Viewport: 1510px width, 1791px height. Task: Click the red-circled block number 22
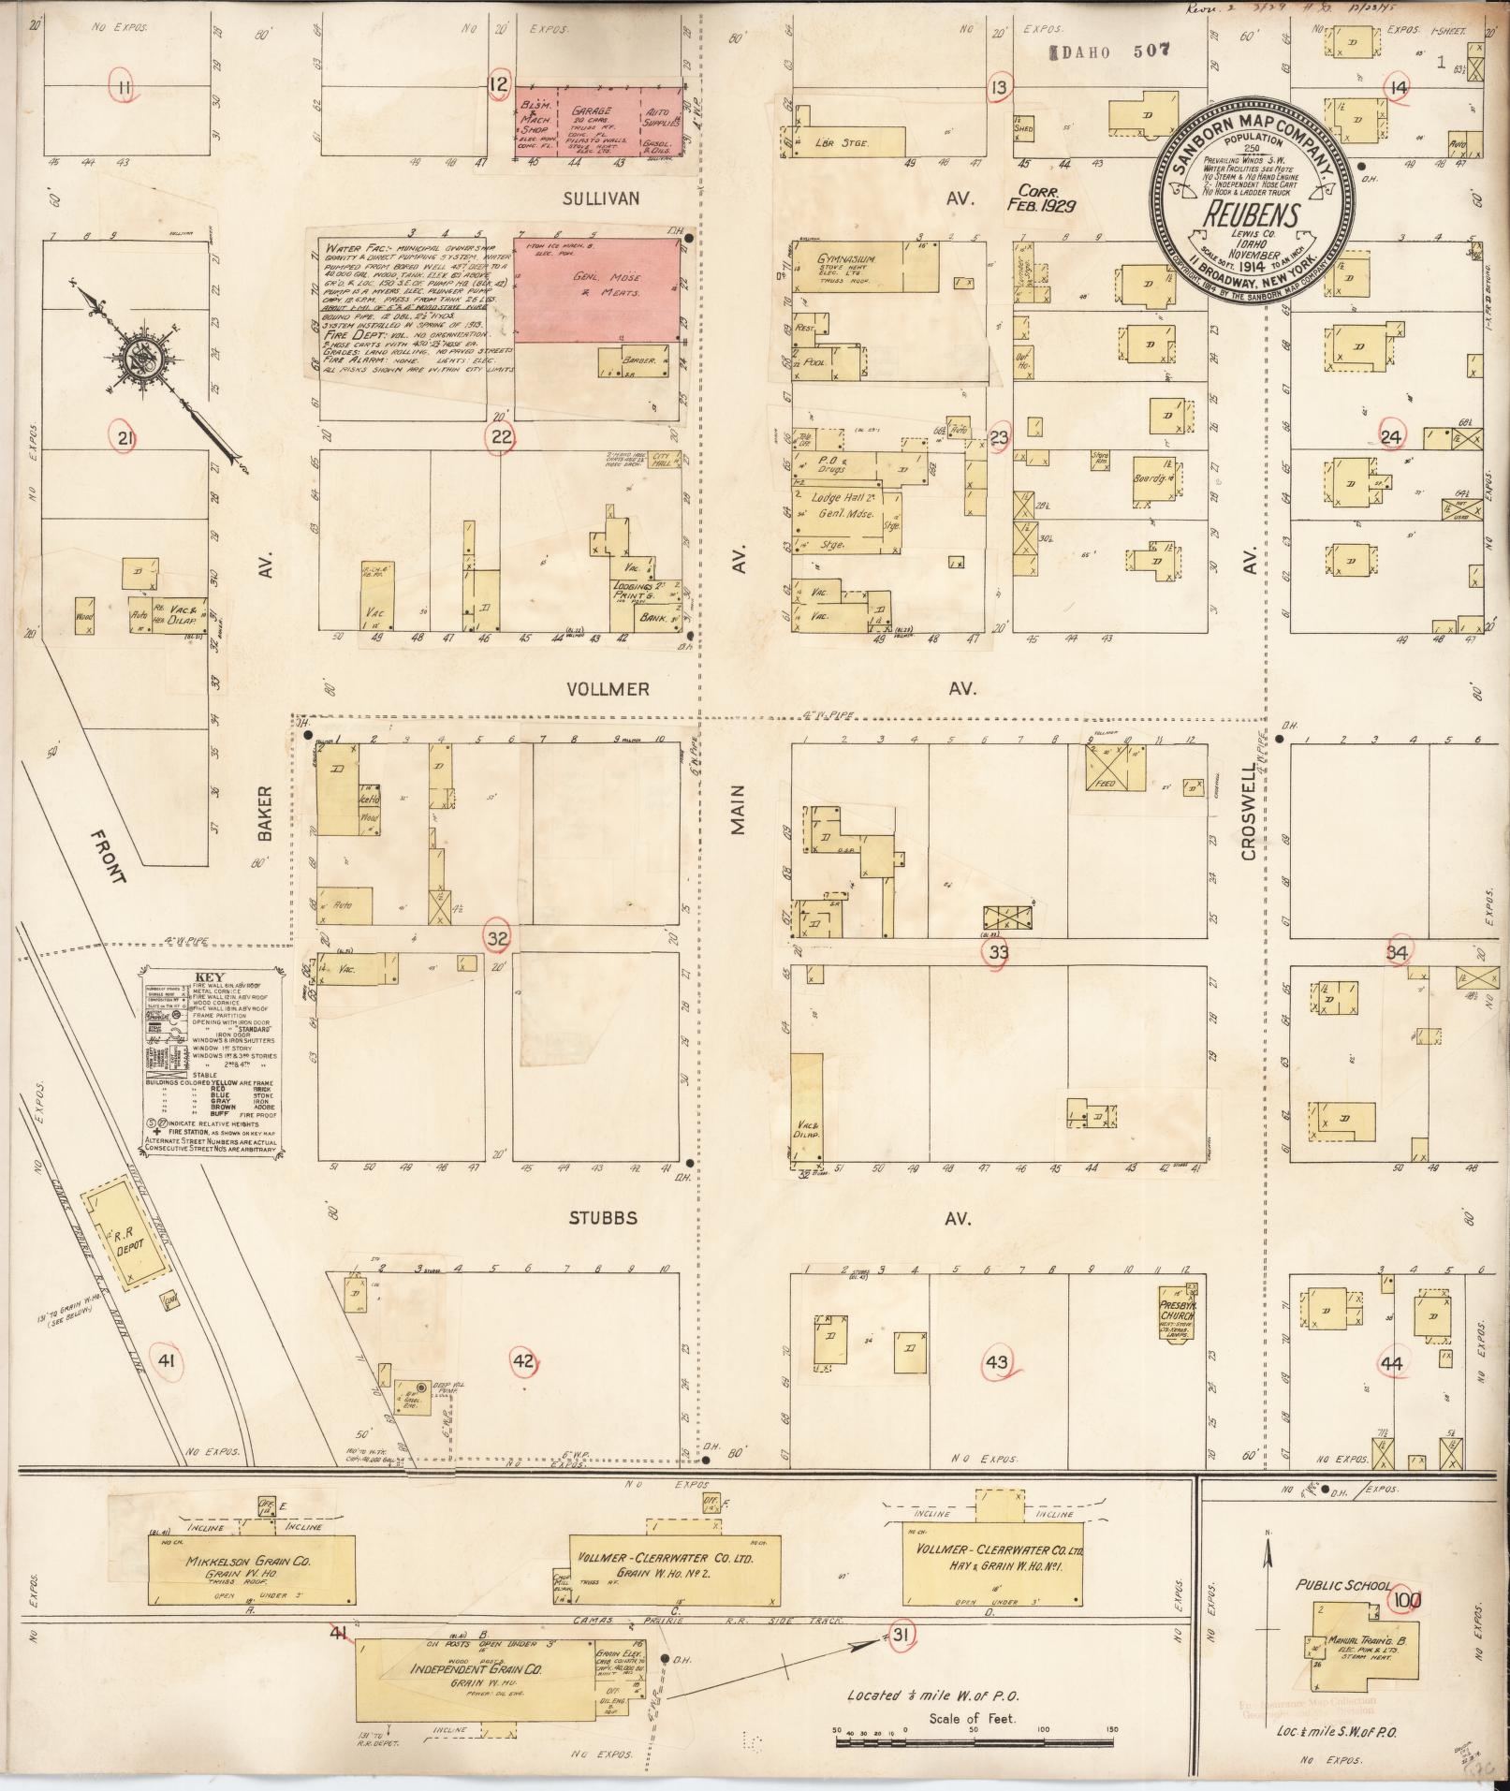[502, 436]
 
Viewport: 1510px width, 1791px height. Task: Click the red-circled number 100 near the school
[1406, 1600]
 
